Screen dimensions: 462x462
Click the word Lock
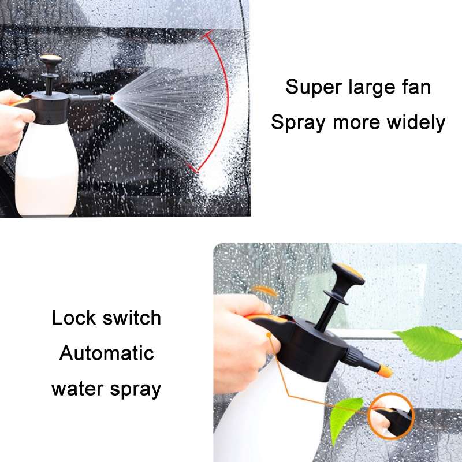[x=73, y=318]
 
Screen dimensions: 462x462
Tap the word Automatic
[x=107, y=353]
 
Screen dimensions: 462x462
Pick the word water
[x=77, y=389]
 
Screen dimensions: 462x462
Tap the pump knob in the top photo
[x=51, y=61]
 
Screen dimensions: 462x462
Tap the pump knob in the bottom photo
[x=348, y=274]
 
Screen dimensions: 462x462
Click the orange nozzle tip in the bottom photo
[x=383, y=370]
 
